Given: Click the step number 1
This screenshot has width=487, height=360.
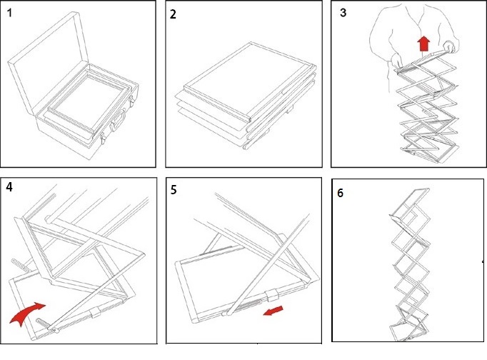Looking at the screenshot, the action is [x=9, y=13].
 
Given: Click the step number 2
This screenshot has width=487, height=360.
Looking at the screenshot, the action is [x=173, y=14].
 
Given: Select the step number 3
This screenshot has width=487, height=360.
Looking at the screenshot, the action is [x=343, y=13].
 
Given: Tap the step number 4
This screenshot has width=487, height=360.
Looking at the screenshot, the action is [x=9, y=187].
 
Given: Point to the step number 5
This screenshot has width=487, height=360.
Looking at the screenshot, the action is [x=174, y=190].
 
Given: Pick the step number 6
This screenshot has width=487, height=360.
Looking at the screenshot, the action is [x=341, y=193].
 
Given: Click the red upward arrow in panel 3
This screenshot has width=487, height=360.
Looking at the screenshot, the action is [x=423, y=44].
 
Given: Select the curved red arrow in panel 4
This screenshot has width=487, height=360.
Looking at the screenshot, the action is [x=26, y=313].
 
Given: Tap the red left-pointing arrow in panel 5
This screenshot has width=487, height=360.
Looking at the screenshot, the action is [x=273, y=311].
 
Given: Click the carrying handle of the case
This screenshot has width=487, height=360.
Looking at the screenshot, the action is [x=118, y=121].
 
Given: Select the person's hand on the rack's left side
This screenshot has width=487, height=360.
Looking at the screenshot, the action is [x=396, y=60].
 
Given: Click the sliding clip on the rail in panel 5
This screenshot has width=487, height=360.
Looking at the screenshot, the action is [x=272, y=295].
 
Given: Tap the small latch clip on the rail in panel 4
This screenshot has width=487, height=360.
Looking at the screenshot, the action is [x=96, y=313].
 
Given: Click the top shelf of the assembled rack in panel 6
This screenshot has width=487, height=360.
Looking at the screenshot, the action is [x=410, y=204].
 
